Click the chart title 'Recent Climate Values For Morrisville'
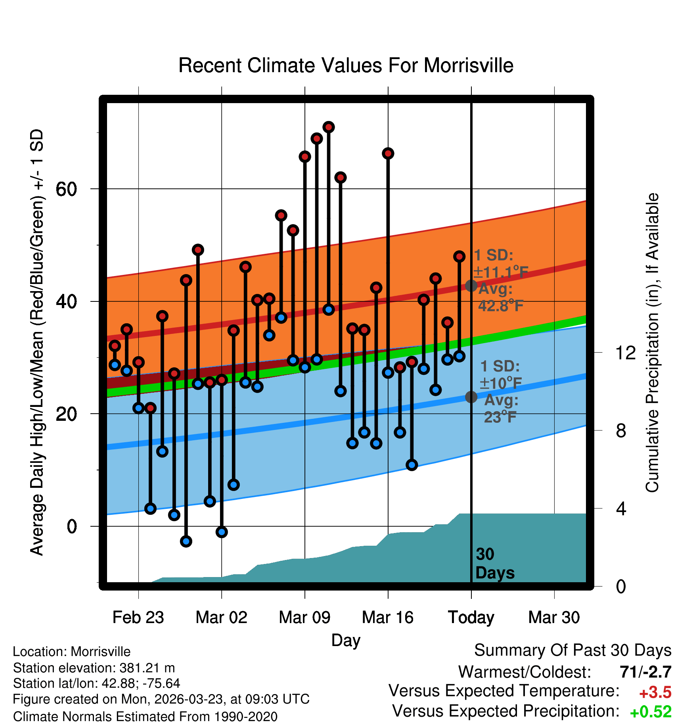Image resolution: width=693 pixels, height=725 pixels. coord(346,65)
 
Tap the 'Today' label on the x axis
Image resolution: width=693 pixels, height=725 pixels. coord(471,617)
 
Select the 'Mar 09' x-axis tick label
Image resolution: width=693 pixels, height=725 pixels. coord(304,617)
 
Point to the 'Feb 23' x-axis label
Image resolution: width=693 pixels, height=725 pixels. coord(138,617)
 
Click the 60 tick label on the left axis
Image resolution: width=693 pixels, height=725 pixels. coord(66,189)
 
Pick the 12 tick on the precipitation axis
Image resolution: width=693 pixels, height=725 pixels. coord(626,353)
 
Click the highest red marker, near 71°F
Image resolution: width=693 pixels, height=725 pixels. coord(329,127)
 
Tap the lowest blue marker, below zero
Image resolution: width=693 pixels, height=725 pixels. coord(186,541)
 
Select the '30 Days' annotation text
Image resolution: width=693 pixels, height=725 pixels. coord(494,564)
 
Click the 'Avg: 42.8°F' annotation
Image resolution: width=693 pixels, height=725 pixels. coord(500,297)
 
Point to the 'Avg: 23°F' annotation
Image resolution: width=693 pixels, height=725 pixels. coord(501,409)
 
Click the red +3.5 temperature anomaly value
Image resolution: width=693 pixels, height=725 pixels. coord(655,692)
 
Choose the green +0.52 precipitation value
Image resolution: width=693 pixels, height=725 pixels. coord(651,712)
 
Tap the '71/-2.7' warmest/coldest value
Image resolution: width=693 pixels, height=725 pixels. coord(645,672)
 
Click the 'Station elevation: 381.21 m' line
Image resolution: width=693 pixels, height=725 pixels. coord(94,668)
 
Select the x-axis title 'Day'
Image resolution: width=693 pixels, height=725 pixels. coord(346,640)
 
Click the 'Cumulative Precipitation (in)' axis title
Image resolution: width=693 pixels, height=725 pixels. coord(652,343)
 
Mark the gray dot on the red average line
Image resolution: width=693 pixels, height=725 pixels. coord(471,286)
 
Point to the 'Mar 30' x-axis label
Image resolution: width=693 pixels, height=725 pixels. coord(554,617)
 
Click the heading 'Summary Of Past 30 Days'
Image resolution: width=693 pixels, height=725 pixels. coord(572,650)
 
